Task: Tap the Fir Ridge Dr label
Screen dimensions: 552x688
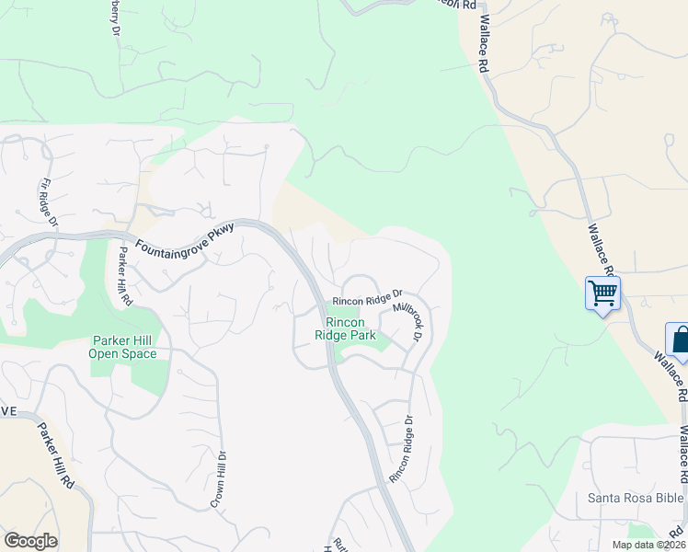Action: coord(48,203)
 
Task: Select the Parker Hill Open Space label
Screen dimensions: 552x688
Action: coord(123,347)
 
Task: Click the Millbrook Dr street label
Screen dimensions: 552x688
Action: coord(407,320)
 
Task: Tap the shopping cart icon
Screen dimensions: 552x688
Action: coord(603,293)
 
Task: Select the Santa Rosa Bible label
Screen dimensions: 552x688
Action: coord(636,499)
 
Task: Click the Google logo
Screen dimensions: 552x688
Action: coord(30,541)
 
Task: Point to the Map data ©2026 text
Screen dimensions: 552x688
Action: coord(648,545)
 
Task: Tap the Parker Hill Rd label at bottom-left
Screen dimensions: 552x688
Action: coord(53,455)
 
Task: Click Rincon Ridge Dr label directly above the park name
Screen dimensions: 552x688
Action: coord(368,298)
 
